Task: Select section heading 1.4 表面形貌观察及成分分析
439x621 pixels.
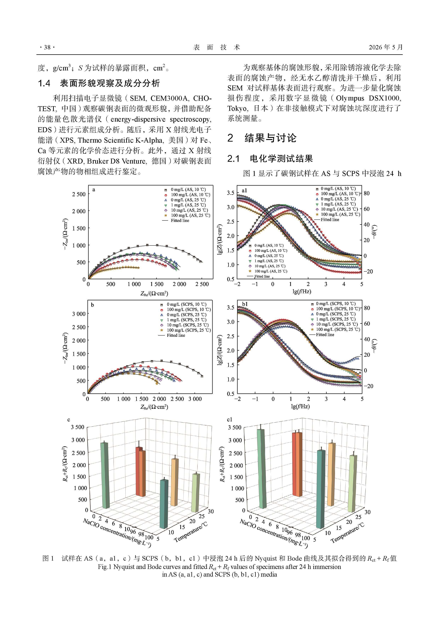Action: pos(99,83)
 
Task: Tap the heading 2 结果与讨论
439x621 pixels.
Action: pos(262,138)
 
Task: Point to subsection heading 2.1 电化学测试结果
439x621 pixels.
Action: pos(270,159)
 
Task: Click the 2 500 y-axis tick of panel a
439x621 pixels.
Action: pos(78,194)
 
